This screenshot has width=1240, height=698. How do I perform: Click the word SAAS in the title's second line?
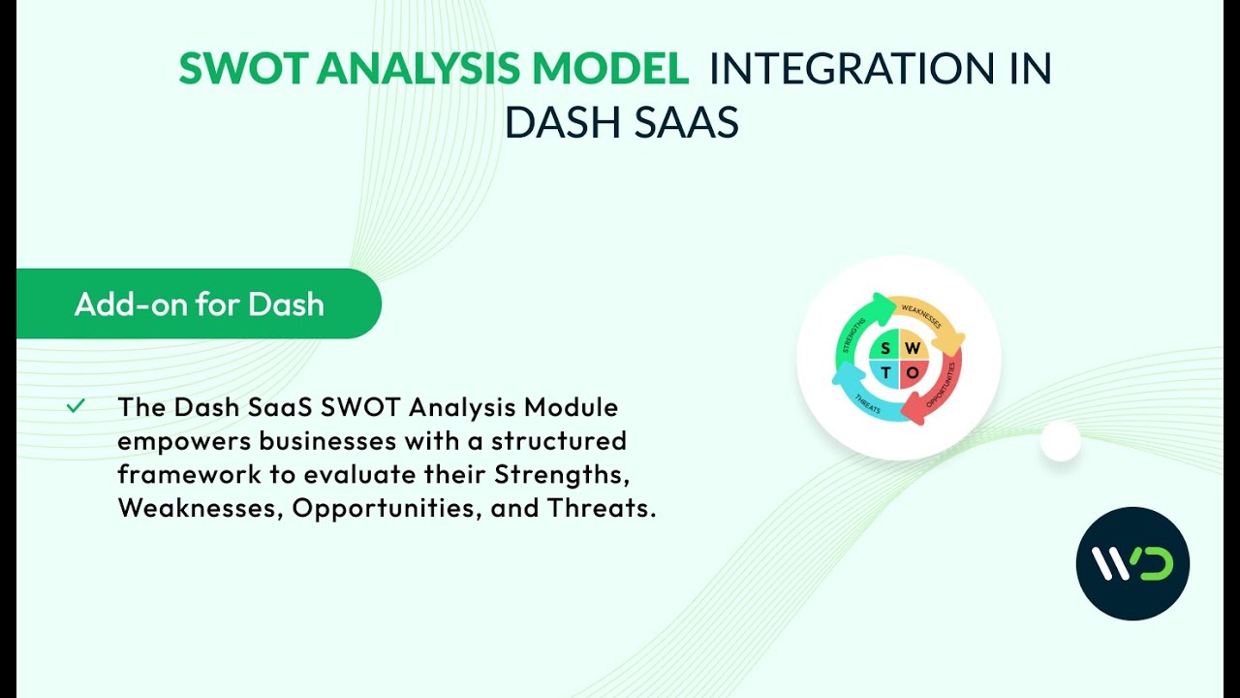(x=687, y=122)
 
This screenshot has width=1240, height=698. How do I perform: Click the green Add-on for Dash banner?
(x=199, y=304)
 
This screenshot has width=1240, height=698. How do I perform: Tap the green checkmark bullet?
(x=76, y=406)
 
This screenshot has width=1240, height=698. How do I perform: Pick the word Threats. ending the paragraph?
(x=602, y=508)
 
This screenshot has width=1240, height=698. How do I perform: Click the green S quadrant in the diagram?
(x=885, y=347)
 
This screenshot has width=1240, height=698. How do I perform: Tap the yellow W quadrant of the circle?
(x=913, y=347)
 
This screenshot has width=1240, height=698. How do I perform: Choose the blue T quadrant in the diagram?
(x=885, y=373)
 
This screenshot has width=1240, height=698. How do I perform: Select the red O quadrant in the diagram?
(x=913, y=373)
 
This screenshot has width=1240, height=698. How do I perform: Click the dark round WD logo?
(x=1132, y=563)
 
